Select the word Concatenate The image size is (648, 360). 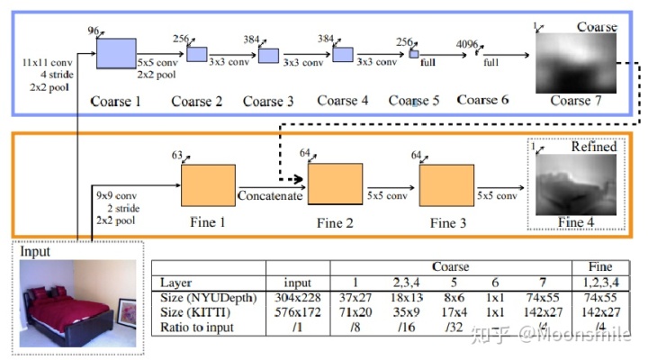click(x=270, y=193)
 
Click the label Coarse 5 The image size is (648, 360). click(x=414, y=101)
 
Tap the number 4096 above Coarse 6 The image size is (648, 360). click(x=467, y=41)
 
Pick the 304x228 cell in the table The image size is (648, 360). click(x=298, y=298)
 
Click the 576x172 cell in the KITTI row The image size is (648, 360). click(x=298, y=312)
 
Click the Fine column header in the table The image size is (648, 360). click(x=600, y=266)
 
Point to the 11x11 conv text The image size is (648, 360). click(x=46, y=64)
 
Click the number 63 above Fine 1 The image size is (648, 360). click(x=177, y=156)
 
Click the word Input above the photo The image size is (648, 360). click(x=37, y=252)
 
